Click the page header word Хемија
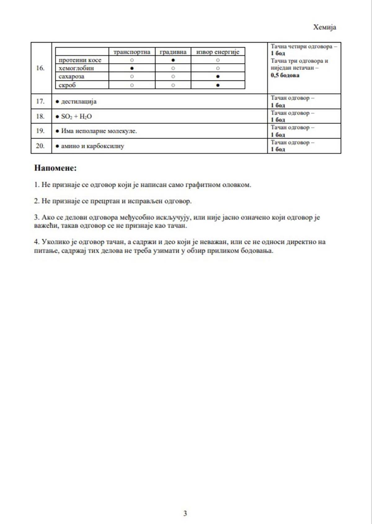pos(324,27)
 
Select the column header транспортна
pos(132,52)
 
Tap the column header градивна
pos(173,52)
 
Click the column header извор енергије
pos(218,52)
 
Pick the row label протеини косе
pos(80,60)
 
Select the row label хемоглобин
pos(76,68)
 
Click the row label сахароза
pos(71,77)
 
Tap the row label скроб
pos(67,85)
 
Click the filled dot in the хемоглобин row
pos(132,68)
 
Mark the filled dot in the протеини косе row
pos(173,60)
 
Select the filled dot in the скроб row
pos(218,85)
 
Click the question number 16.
pos(40,68)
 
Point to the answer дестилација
pos(79,101)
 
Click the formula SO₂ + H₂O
pos(76,117)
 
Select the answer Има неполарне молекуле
pos(99,131)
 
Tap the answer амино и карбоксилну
pos(92,146)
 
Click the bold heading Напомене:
pos(55,168)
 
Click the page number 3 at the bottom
pos(185,513)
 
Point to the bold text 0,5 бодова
pos(285,75)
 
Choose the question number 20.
pos(40,146)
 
